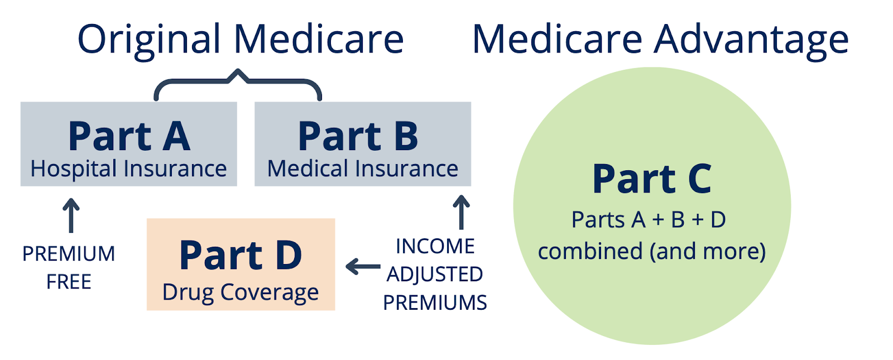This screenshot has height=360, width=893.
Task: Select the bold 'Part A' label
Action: click(129, 136)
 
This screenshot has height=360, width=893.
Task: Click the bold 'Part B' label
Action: click(358, 136)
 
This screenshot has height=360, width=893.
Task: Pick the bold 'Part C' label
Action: click(652, 179)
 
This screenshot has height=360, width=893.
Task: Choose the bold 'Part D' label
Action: click(241, 256)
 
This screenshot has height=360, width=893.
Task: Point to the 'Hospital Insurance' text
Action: click(129, 169)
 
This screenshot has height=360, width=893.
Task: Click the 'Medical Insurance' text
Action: click(363, 169)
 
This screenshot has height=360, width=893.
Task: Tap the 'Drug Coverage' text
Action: click(241, 293)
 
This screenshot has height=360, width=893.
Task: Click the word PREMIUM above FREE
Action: click(69, 254)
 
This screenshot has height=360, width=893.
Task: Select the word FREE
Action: click(69, 282)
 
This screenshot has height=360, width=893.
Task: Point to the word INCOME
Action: click(435, 246)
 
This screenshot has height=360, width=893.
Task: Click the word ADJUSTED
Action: click(435, 274)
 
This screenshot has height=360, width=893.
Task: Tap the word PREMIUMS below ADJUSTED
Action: click(435, 303)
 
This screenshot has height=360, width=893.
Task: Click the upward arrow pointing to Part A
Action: click(71, 215)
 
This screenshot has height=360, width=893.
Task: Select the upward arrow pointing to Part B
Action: click(461, 212)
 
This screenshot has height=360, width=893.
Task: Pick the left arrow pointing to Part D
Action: click(363, 267)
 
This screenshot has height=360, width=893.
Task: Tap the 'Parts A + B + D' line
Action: click(649, 220)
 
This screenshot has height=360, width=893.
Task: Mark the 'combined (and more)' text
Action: click(652, 252)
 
